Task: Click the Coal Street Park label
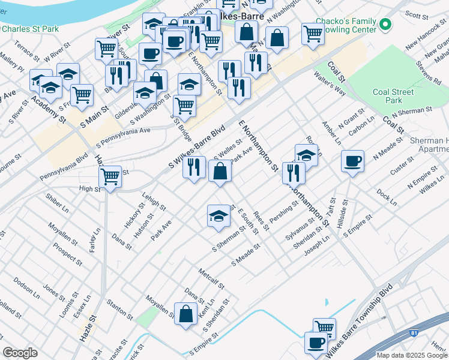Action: click(393, 96)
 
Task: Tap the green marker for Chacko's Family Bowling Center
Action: click(385, 25)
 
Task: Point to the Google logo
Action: click(20, 352)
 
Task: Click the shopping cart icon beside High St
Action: click(110, 177)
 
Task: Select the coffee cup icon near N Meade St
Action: click(352, 160)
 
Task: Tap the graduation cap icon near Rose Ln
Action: click(306, 155)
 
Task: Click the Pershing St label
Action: click(284, 214)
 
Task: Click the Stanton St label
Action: click(119, 309)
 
